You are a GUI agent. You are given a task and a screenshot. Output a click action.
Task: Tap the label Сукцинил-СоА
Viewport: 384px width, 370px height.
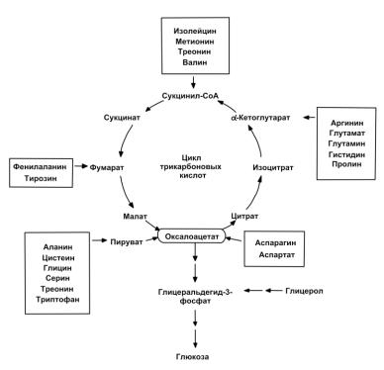190,96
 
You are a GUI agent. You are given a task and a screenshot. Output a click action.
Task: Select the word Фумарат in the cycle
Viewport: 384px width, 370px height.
107,167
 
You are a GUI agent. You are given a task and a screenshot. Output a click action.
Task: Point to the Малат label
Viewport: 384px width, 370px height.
135,217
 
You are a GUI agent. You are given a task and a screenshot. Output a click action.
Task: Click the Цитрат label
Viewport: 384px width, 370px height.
244,217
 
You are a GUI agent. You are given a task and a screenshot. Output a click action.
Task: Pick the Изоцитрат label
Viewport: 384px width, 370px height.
273,167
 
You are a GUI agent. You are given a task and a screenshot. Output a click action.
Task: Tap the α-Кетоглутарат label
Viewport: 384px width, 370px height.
260,118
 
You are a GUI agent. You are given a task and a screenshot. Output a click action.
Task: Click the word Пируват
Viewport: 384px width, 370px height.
127,242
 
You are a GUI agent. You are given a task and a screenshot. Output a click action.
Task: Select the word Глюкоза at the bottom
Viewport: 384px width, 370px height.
192,356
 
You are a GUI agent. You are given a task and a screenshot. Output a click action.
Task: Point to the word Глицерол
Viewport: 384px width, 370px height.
304,291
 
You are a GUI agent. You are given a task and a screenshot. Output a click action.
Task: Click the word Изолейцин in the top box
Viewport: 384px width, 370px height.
195,31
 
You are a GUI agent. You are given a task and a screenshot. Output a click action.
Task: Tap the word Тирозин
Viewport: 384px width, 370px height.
41,178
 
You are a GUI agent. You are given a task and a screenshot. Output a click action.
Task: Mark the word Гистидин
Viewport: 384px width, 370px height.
346,154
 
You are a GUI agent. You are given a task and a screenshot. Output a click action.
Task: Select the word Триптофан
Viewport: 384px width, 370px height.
57,300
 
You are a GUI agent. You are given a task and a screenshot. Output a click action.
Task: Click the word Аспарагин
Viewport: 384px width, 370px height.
275,243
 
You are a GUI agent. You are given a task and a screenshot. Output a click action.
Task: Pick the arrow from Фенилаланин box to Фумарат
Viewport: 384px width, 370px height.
81,166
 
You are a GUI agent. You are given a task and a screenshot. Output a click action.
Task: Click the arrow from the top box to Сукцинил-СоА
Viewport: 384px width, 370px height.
193,82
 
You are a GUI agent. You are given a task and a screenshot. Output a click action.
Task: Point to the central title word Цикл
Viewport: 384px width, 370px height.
191,158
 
